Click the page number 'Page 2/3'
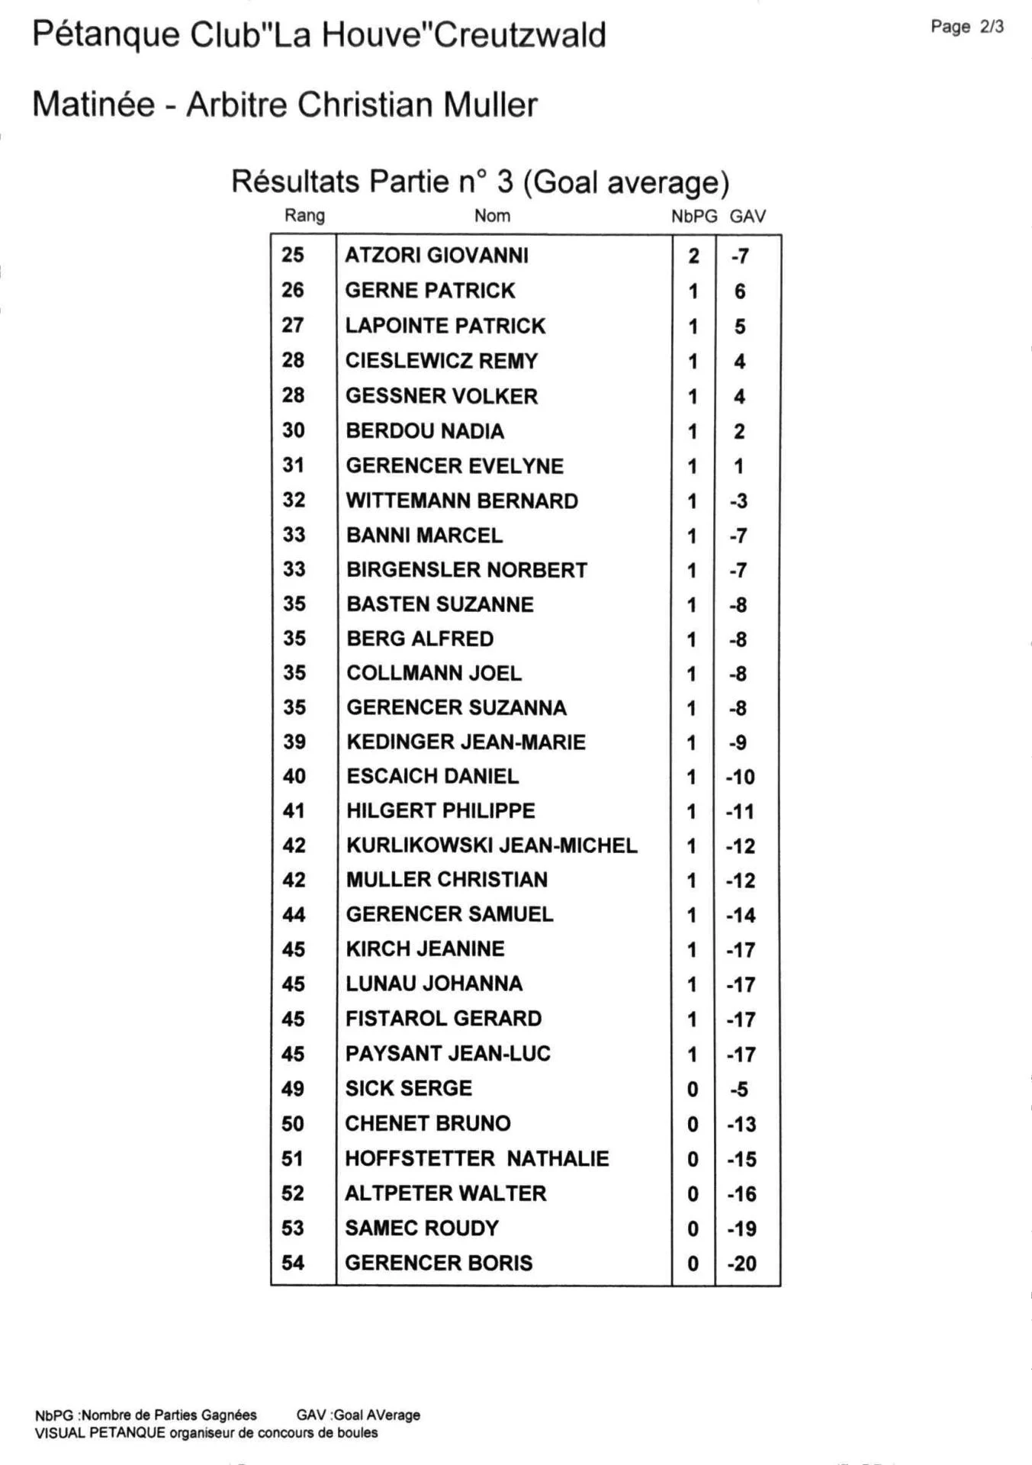click(966, 27)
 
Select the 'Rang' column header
click(304, 216)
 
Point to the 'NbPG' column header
click(694, 217)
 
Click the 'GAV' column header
click(747, 217)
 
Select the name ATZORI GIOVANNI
click(436, 256)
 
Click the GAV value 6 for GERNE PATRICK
click(740, 291)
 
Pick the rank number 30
click(294, 431)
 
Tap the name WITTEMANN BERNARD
click(462, 501)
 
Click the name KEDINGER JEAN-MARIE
click(466, 742)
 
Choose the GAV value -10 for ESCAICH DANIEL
click(740, 778)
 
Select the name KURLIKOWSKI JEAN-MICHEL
click(492, 845)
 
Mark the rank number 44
click(294, 915)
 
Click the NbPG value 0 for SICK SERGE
click(693, 1090)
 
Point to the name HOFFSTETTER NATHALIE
click(477, 1159)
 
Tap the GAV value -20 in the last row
click(741, 1264)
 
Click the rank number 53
click(293, 1228)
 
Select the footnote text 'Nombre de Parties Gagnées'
click(169, 1415)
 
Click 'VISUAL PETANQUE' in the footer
click(100, 1433)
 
